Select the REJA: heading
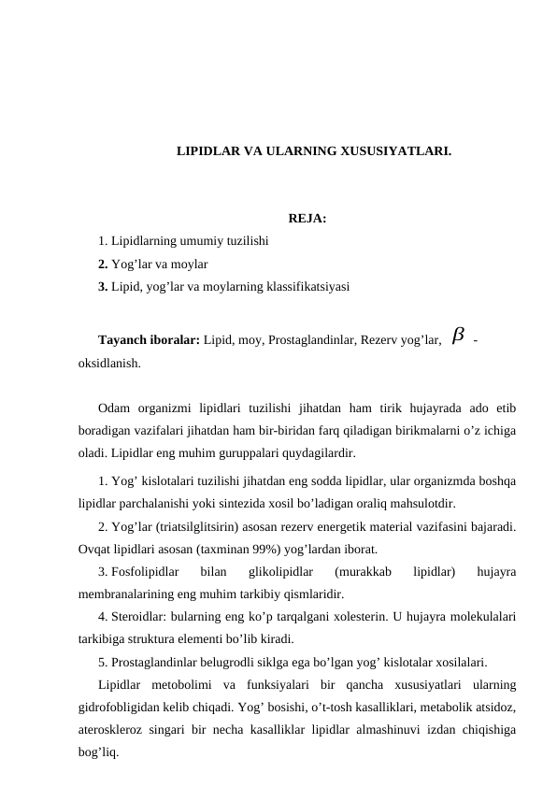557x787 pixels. click(281, 220)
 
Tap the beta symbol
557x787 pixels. click(457, 335)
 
